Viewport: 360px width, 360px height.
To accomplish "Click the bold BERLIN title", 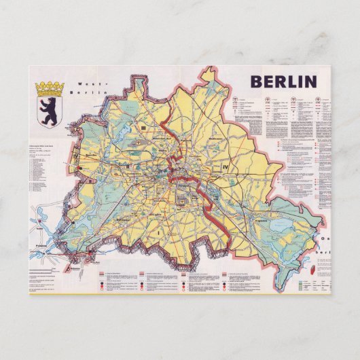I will coord(284,82).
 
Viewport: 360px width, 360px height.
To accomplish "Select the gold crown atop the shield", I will coord(49,88).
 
